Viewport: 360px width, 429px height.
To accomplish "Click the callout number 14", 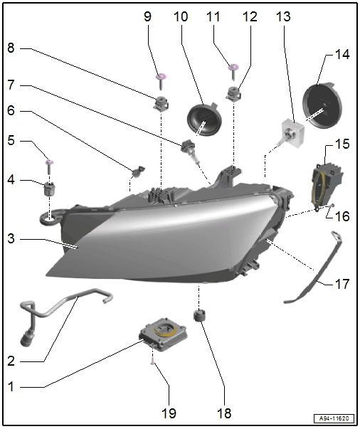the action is click(x=342, y=55).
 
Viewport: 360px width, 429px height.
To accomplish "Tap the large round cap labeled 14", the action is click(x=322, y=105).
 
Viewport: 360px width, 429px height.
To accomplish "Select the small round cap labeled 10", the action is click(x=203, y=120).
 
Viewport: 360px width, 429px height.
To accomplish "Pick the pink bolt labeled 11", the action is click(x=234, y=71).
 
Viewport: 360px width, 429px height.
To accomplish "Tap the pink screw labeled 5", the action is click(x=49, y=166).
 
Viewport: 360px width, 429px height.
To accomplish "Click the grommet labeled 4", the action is click(x=50, y=189).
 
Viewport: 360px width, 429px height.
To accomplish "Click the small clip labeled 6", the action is click(x=138, y=171).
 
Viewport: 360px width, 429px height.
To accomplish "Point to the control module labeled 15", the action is click(x=327, y=186).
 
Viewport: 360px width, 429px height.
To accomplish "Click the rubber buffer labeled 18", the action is click(x=199, y=315).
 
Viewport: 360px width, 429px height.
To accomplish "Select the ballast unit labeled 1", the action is click(x=164, y=334).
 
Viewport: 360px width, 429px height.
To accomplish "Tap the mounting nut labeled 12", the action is click(x=233, y=93).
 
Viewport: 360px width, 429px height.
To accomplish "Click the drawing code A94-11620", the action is click(x=334, y=418).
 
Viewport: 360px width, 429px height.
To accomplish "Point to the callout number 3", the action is click(x=11, y=238).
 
